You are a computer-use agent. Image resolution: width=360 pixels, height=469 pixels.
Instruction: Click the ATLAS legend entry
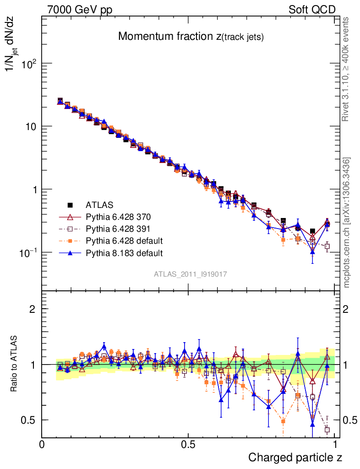[x=99, y=205]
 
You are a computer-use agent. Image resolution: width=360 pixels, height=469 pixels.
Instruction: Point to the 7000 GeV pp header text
[x=80, y=10]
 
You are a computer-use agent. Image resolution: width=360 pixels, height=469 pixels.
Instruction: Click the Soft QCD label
[x=312, y=10]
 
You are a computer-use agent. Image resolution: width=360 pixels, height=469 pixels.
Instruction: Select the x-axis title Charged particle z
[x=295, y=457]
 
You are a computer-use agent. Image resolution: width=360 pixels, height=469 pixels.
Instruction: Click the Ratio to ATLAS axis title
[x=15, y=364]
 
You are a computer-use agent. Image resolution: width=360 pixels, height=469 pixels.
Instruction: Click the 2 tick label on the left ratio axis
[x=33, y=309]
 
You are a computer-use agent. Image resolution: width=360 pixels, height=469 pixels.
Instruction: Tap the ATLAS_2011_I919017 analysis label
[x=190, y=274]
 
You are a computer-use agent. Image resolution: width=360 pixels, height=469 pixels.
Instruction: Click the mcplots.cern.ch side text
[x=347, y=223]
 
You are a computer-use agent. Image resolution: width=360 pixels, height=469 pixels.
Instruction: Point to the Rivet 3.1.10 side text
[x=347, y=70]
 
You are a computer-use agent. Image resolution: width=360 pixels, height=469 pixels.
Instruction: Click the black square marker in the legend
[x=70, y=205]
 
